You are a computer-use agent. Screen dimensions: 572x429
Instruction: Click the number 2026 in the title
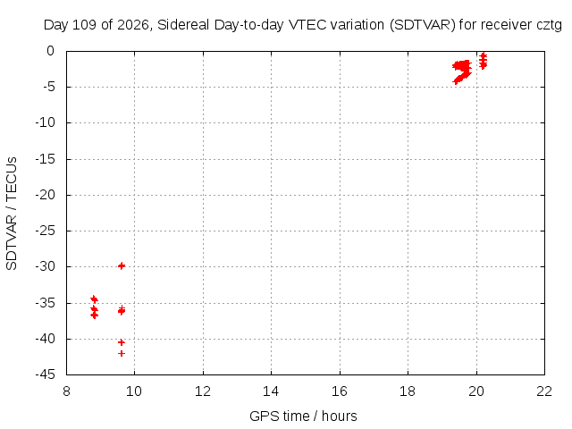(133, 25)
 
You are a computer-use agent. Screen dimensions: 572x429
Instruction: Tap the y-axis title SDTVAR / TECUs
(12, 214)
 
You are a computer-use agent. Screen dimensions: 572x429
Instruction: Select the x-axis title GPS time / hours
(303, 416)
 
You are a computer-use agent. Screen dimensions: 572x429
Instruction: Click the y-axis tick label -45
(46, 374)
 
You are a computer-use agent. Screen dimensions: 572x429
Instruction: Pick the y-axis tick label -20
(46, 195)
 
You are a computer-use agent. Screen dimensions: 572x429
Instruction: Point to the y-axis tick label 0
(50, 51)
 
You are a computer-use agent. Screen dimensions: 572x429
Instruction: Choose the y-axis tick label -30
(46, 266)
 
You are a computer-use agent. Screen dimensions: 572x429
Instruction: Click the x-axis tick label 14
(271, 391)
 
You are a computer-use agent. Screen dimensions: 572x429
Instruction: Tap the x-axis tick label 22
(544, 391)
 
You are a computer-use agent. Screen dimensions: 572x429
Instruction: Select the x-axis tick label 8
(66, 391)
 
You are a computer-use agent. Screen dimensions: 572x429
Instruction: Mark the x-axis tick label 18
(408, 391)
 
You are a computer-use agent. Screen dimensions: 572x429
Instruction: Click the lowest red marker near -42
(122, 353)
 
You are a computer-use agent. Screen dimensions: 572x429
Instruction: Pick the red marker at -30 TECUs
(122, 266)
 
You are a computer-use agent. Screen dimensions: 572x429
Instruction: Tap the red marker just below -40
(122, 342)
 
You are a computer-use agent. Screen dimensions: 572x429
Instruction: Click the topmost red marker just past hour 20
(483, 55)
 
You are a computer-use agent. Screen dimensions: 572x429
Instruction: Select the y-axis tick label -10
(46, 123)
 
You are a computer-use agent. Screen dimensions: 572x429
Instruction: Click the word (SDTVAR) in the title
(423, 25)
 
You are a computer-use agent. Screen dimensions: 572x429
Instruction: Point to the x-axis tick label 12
(203, 391)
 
